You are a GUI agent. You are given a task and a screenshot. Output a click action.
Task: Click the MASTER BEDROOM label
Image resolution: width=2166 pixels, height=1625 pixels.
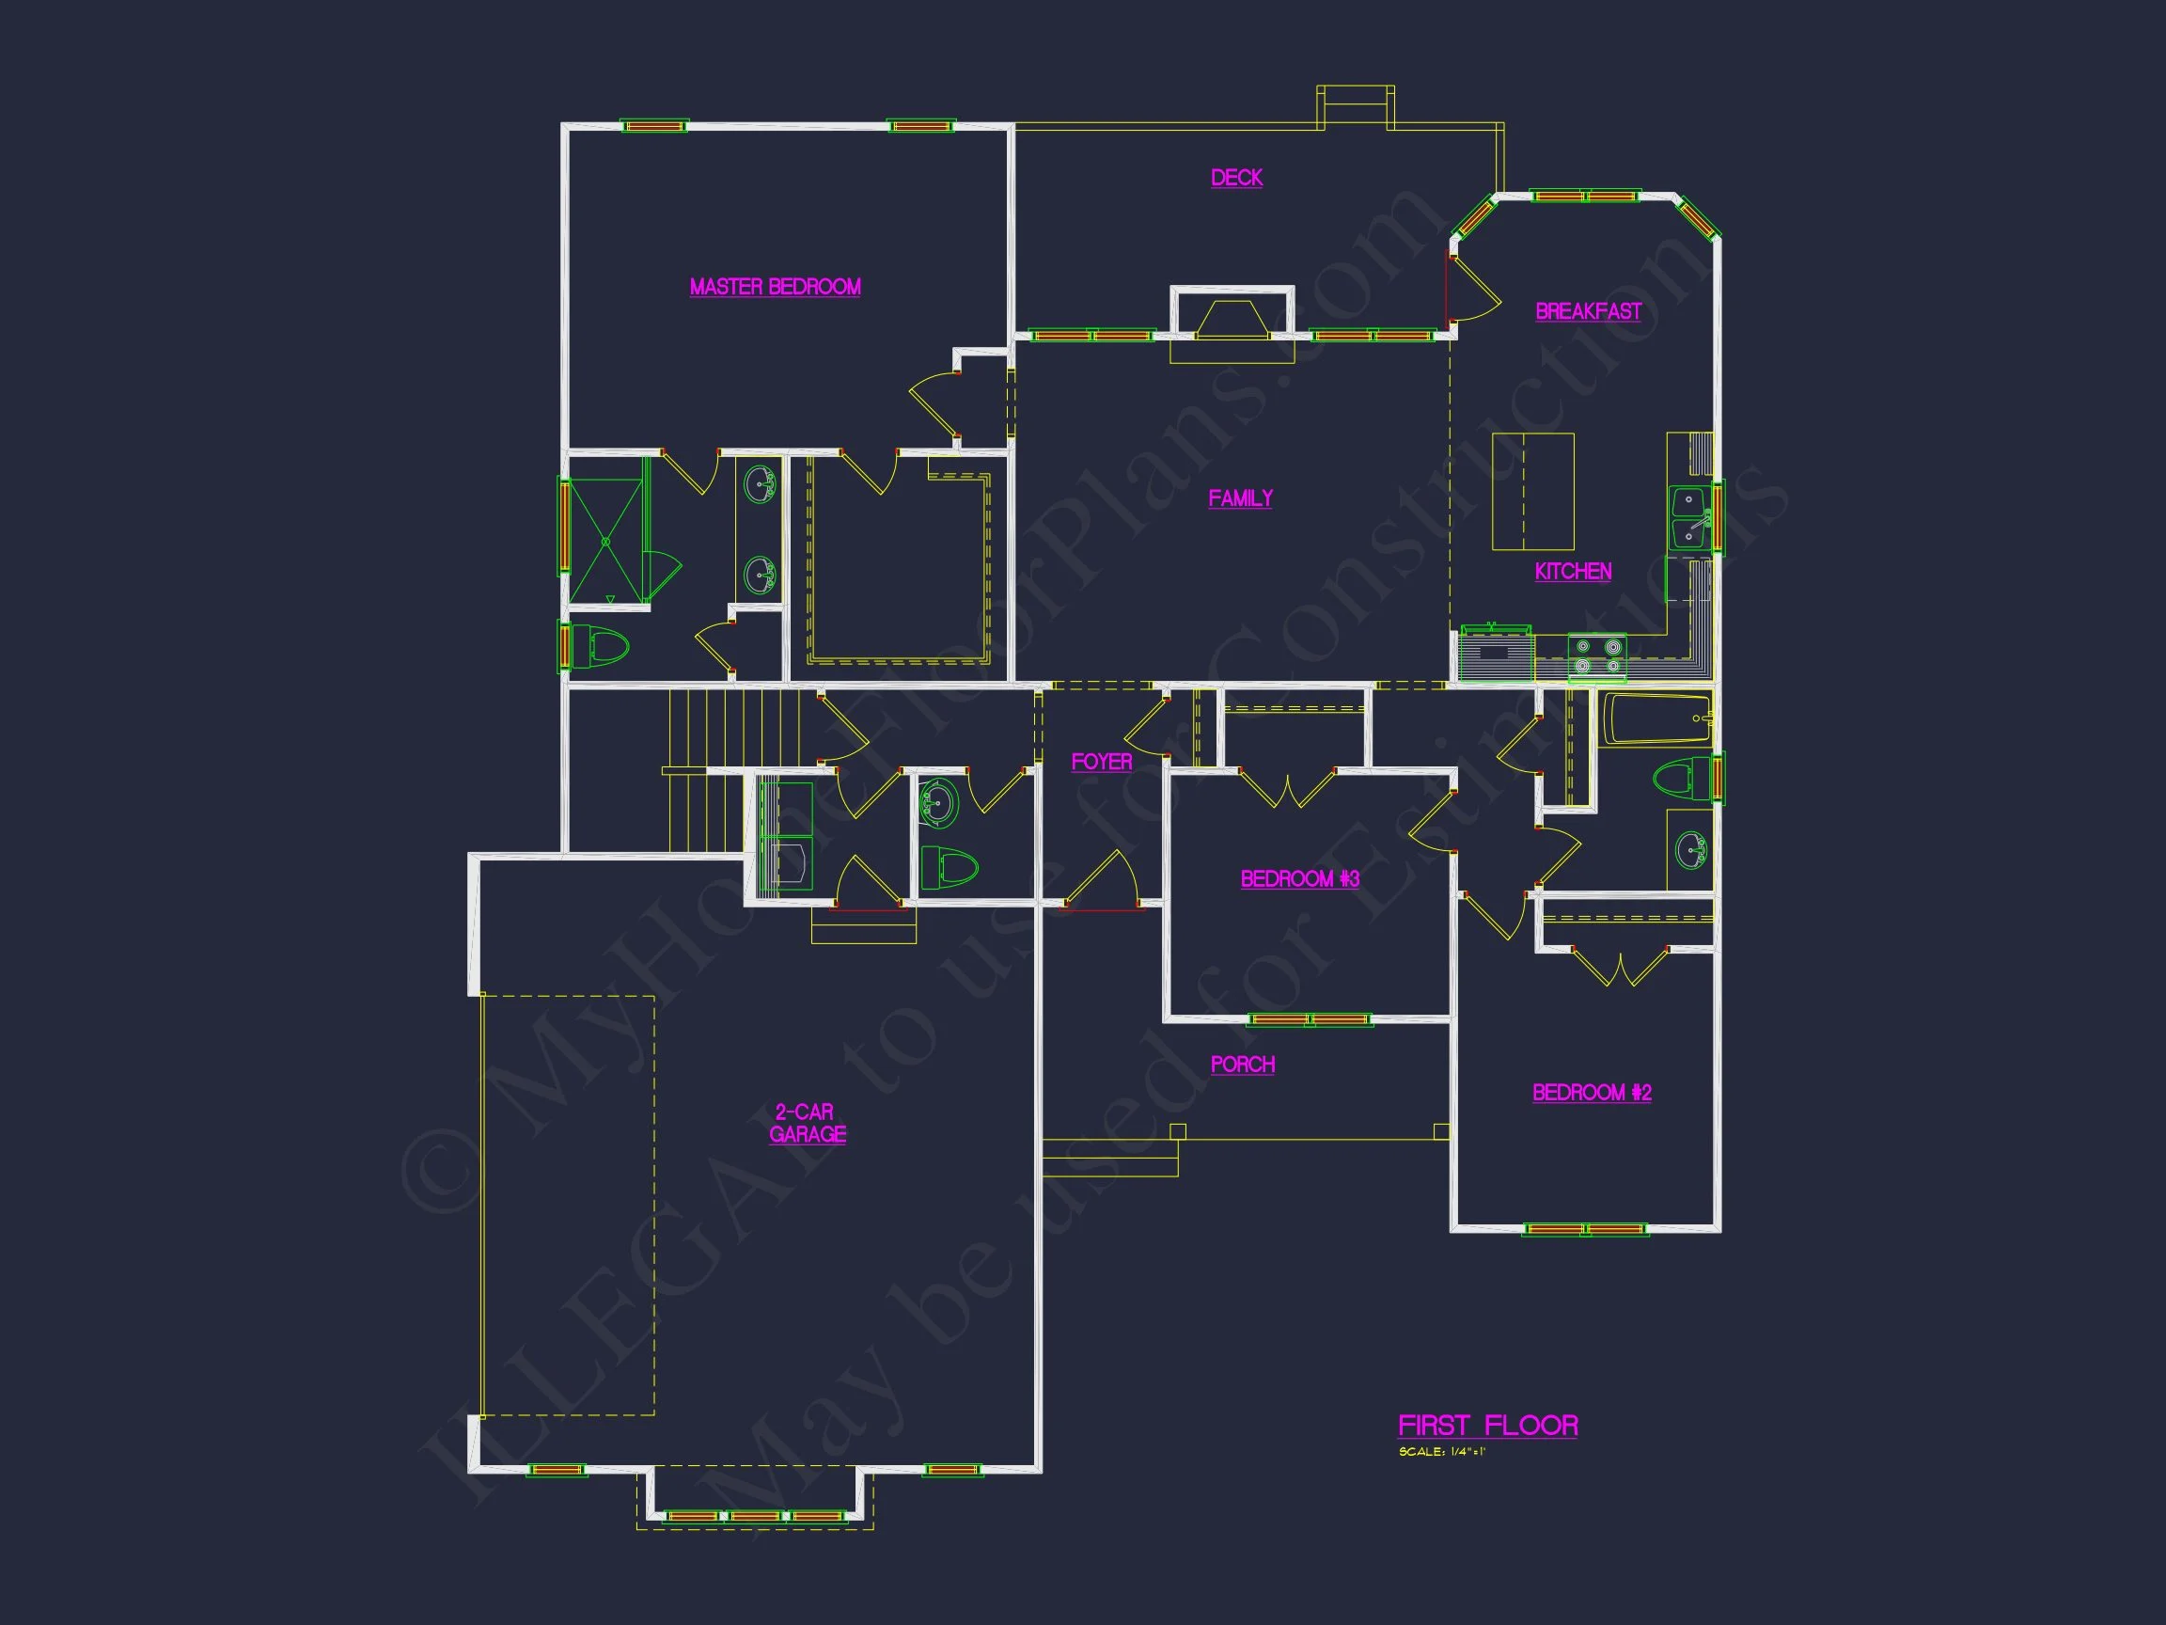pos(775,287)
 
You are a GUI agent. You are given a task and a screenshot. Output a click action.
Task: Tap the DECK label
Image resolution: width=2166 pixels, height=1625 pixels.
pos(1237,178)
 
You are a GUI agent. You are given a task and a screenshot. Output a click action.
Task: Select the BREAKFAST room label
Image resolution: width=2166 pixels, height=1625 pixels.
pos(1588,311)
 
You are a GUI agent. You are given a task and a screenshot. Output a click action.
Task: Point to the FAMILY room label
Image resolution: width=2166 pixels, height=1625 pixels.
pos(1241,498)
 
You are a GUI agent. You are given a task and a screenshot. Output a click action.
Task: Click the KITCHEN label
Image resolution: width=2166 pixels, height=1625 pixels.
pos(1573,572)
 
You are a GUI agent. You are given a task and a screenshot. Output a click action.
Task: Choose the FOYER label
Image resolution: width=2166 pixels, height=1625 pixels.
pos(1102,762)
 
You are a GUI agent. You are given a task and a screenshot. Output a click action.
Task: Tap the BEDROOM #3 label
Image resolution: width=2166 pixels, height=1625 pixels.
pos(1299,879)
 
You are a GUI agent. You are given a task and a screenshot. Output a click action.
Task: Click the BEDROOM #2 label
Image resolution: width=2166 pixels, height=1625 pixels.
pos(1592,1093)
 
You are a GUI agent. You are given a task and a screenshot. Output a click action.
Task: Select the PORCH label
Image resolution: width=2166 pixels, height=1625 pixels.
pos(1243,1065)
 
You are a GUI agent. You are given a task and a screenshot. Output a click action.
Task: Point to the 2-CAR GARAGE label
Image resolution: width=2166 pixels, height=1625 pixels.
pos(807,1124)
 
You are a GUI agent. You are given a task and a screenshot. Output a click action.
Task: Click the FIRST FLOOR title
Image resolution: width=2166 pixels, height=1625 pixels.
pos(1487,1426)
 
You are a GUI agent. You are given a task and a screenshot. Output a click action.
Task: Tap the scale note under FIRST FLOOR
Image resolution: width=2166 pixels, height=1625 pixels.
pos(1441,1452)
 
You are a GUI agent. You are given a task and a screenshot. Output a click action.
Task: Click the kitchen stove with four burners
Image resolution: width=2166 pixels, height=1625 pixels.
pos(1596,656)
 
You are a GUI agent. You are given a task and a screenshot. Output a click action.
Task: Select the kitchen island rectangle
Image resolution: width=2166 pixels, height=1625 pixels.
pos(1532,492)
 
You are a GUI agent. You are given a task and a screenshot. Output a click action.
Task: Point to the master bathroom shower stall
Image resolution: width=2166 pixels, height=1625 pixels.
pos(605,540)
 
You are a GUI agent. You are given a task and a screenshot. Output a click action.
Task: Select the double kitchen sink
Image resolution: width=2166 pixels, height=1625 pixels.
pos(1689,518)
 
